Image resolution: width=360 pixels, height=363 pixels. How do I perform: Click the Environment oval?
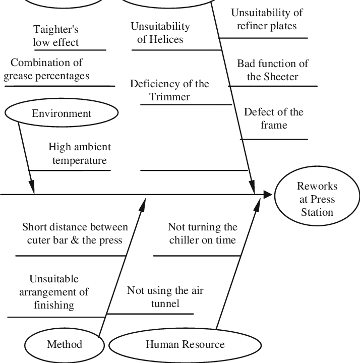[x=62, y=113]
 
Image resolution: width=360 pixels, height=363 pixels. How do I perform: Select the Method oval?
[x=64, y=345]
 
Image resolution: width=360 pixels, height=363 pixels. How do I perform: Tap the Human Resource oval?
[x=185, y=345]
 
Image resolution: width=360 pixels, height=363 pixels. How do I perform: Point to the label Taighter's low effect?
[x=56, y=36]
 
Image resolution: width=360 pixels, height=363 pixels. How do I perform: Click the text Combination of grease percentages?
[x=46, y=70]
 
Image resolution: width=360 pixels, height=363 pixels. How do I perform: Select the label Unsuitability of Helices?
[x=160, y=33]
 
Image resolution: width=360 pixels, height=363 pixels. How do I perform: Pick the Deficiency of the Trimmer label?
[x=169, y=90]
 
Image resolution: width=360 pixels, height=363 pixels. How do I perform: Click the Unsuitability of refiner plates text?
[x=267, y=19]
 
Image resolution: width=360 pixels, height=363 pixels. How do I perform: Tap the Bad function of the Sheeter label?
[x=273, y=70]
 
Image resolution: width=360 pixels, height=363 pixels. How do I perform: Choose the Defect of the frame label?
[x=274, y=118]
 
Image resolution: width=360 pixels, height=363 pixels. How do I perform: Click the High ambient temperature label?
[x=79, y=154]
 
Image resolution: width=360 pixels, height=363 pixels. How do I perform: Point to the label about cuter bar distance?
[x=75, y=233]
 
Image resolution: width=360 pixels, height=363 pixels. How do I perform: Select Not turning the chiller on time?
[x=202, y=233]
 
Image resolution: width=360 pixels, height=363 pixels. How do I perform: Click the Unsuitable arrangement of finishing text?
[x=54, y=292]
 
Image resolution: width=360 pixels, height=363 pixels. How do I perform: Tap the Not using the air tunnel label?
[x=165, y=297]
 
